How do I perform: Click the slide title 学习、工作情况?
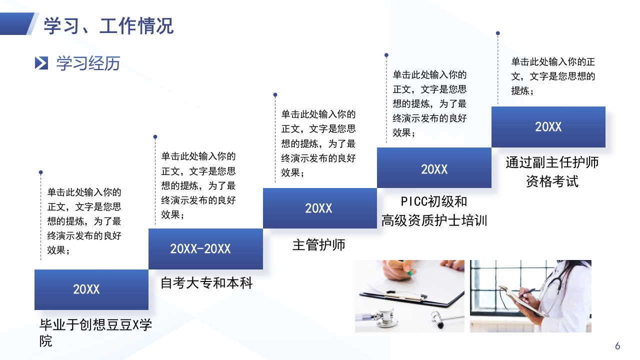tap(108, 25)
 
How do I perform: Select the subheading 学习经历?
tap(88, 63)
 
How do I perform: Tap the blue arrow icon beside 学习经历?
tap(41, 63)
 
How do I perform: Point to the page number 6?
tap(617, 346)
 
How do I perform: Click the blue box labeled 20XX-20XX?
tap(205, 249)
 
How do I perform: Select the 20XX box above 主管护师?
tap(319, 208)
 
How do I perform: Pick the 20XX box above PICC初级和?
tap(434, 169)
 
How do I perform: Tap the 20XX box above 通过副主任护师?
tap(548, 127)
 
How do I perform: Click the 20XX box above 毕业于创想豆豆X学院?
tap(91, 289)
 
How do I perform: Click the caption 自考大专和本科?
tap(206, 283)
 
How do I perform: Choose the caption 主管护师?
tap(318, 245)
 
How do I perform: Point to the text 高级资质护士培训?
tap(434, 220)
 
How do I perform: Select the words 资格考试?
tap(552, 181)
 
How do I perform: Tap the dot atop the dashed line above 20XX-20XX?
tap(155, 136)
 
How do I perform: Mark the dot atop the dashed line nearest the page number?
tap(497, 33)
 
